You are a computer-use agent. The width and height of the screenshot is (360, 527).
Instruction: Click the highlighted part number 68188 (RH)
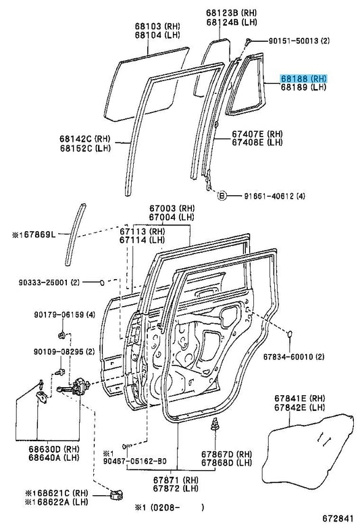point(303,78)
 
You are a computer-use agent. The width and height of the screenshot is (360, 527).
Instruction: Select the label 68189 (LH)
point(303,87)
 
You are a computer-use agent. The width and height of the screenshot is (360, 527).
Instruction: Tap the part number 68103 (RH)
point(157,26)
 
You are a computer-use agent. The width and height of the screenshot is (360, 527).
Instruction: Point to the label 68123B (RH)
point(231,13)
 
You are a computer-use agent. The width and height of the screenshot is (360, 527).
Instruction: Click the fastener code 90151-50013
point(293,41)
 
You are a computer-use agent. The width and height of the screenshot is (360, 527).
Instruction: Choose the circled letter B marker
point(222,195)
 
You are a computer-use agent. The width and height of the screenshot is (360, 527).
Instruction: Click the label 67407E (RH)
point(257,134)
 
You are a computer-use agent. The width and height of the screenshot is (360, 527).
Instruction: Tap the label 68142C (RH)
point(85,139)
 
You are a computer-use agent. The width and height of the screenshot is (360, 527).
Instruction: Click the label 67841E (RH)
point(300,398)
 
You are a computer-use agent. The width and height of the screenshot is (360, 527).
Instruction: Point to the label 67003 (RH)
point(172,209)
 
